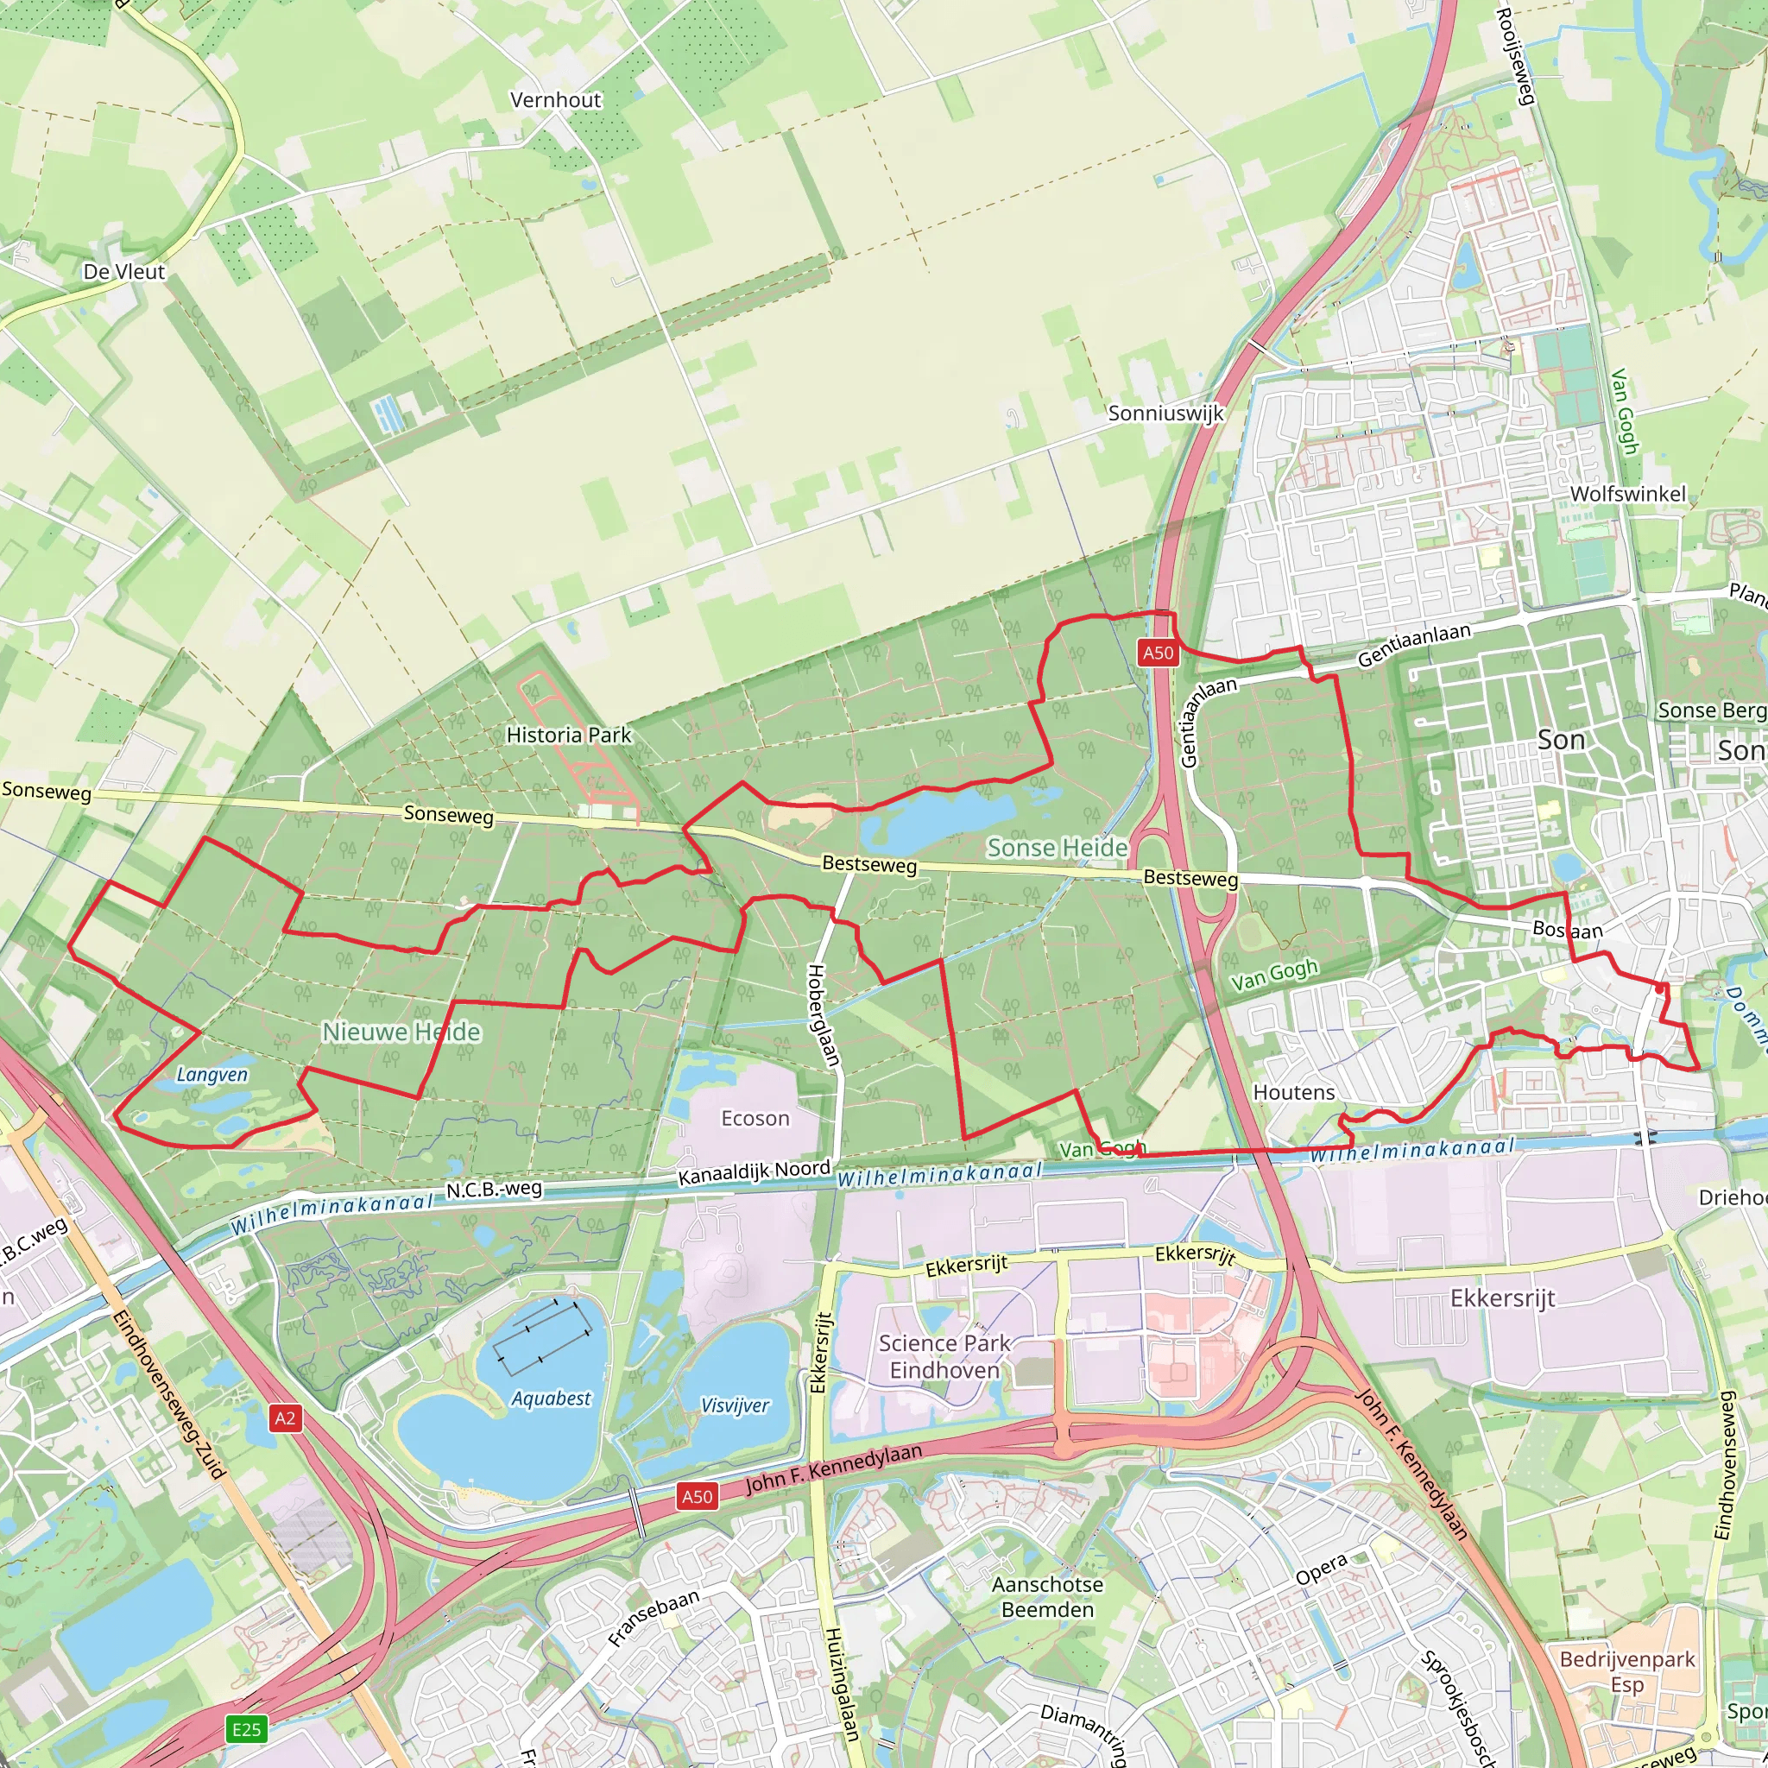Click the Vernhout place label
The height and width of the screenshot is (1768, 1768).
555,100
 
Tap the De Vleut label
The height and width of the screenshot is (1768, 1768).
123,272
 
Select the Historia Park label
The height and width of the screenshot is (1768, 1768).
568,735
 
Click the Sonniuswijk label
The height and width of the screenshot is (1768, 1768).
1165,413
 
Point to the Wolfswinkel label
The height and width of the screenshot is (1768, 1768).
1627,494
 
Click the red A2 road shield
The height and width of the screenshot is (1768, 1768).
285,1418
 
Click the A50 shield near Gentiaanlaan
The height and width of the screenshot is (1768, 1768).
1158,653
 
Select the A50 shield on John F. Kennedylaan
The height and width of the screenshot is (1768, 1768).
697,1496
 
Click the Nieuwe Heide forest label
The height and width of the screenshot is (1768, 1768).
401,1032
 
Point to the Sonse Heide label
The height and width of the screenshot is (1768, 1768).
1057,849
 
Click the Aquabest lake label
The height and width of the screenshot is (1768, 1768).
551,1399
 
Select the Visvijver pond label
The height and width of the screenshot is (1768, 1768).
735,1405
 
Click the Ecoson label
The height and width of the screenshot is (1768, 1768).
755,1118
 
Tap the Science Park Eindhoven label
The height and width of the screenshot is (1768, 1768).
944,1356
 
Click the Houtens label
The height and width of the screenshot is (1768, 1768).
1293,1093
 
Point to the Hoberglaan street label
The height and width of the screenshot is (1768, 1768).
824,1016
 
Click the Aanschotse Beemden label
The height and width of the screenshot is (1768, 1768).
1047,1597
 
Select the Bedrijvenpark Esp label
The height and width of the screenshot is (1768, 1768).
1627,1672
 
